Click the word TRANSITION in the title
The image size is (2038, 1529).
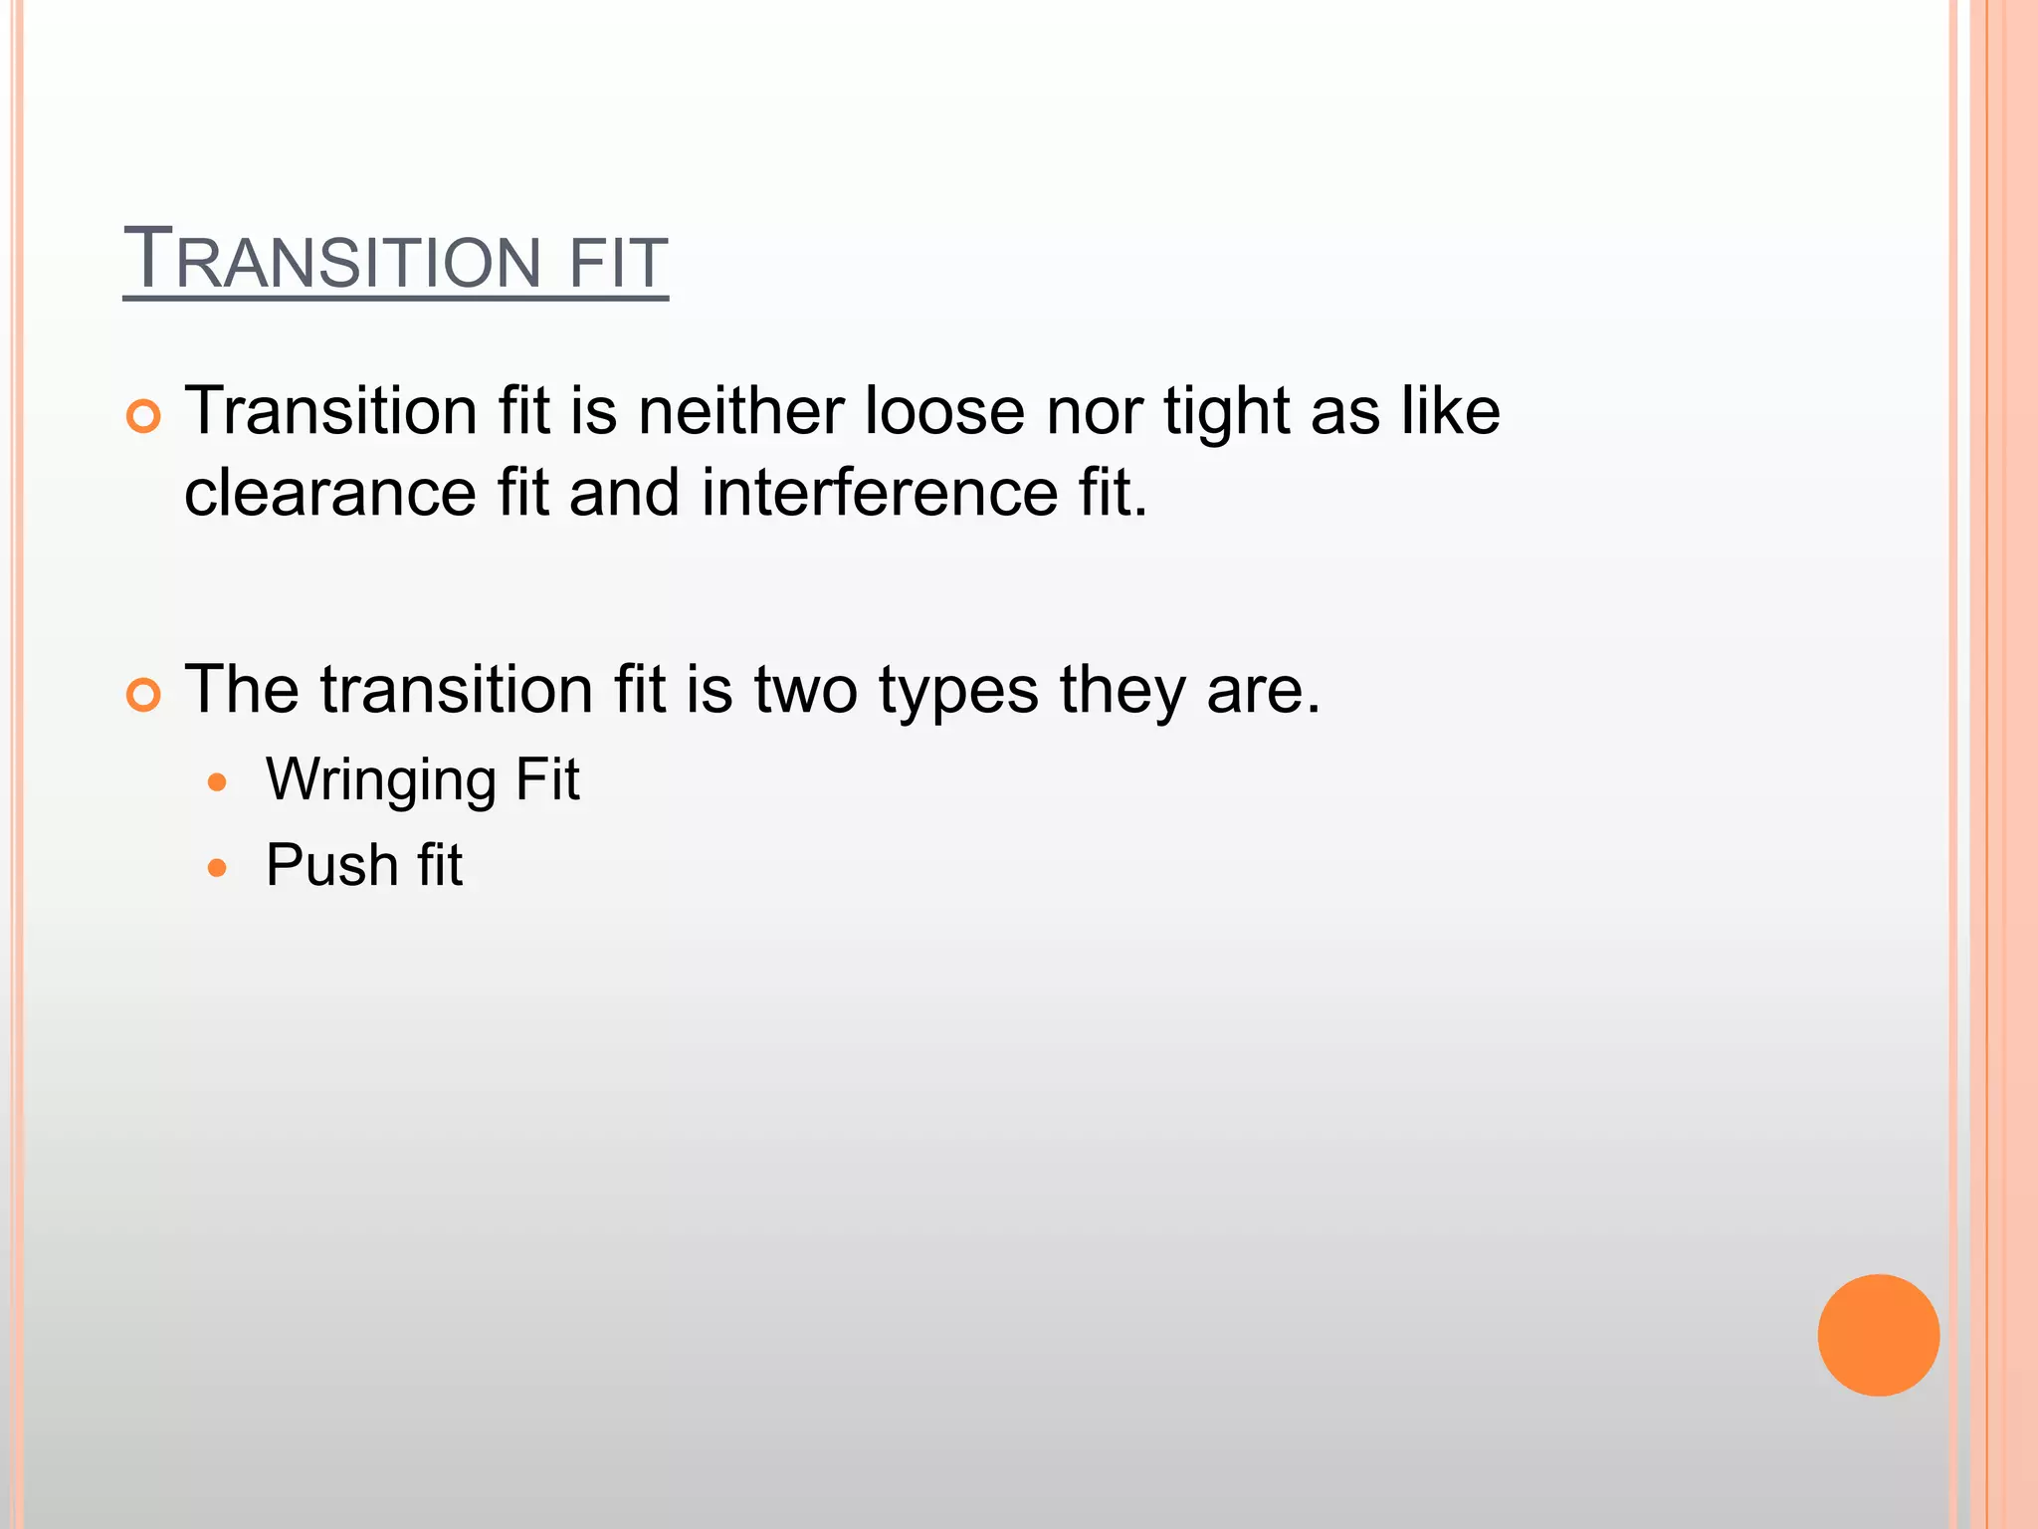point(332,261)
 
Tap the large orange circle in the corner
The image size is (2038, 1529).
point(1878,1335)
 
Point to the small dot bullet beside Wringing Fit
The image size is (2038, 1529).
point(218,782)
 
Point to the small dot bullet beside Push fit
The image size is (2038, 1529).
point(218,868)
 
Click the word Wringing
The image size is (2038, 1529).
point(381,780)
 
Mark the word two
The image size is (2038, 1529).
point(805,690)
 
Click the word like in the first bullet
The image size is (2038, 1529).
point(1451,411)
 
